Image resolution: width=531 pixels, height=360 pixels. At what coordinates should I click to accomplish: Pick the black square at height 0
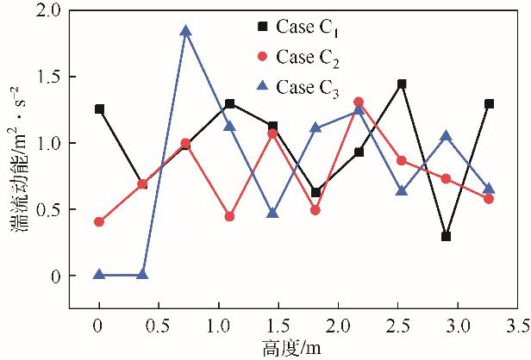pos(100,109)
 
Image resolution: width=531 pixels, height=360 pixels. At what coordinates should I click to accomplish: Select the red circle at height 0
pos(100,221)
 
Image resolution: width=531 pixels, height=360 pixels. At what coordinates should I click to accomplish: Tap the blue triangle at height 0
pos(100,275)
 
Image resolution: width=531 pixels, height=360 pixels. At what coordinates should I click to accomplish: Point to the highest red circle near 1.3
pos(359,102)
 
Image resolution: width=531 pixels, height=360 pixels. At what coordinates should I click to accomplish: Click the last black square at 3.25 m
pos(489,103)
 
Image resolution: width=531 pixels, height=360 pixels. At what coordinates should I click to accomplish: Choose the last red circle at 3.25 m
pos(489,199)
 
